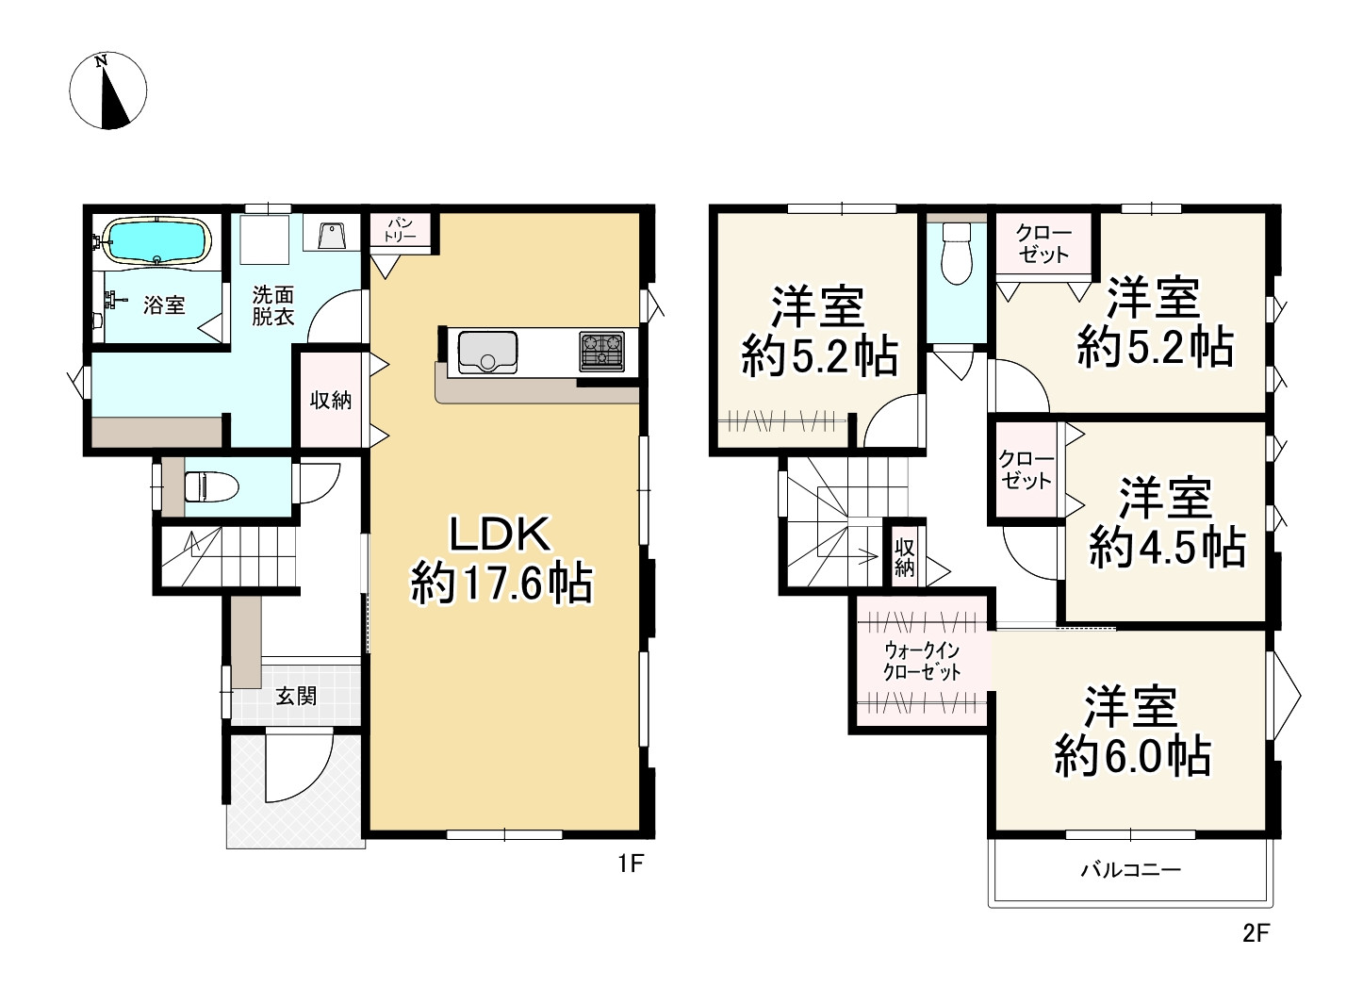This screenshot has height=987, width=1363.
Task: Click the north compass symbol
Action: click(107, 90)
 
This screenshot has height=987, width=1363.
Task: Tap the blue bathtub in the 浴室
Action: click(157, 241)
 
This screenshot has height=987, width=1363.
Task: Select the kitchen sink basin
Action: click(487, 353)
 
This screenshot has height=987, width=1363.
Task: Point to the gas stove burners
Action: click(601, 352)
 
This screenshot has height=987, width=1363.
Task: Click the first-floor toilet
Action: click(210, 486)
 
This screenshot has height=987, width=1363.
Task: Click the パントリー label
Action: click(400, 229)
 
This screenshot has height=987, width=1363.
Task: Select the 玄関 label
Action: click(296, 696)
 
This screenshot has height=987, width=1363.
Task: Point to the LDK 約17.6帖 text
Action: click(501, 559)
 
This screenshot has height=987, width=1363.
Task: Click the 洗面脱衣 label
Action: click(273, 305)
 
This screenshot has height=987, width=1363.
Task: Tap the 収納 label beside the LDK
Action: click(331, 401)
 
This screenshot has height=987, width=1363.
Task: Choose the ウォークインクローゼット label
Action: click(922, 662)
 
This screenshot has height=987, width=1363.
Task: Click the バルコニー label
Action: click(1130, 869)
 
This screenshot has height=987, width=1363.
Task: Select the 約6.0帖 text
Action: click(1133, 756)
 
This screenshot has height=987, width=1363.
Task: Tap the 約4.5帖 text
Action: click(1167, 547)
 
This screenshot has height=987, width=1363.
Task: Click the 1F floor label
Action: click(631, 863)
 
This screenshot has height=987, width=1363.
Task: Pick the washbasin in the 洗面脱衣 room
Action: click(332, 236)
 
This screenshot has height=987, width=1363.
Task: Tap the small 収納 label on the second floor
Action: click(905, 558)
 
